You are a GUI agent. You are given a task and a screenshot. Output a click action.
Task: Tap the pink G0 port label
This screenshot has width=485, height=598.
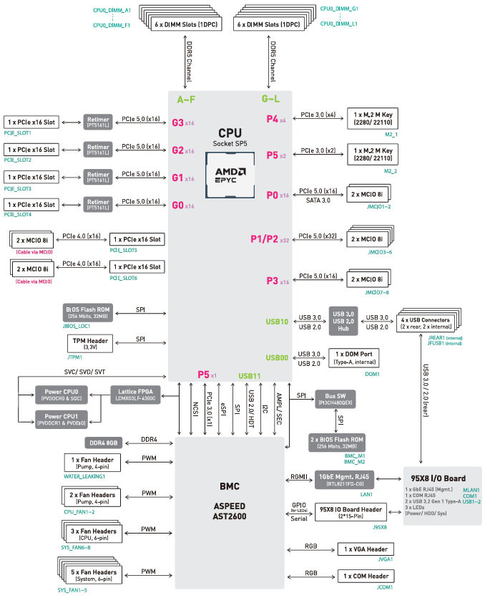point(178,205)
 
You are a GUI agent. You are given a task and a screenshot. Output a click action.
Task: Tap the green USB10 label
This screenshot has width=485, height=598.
point(277,322)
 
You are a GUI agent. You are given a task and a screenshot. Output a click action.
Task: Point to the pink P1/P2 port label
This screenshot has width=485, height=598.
point(264,238)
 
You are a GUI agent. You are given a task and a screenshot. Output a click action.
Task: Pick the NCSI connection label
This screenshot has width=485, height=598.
point(194,413)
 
